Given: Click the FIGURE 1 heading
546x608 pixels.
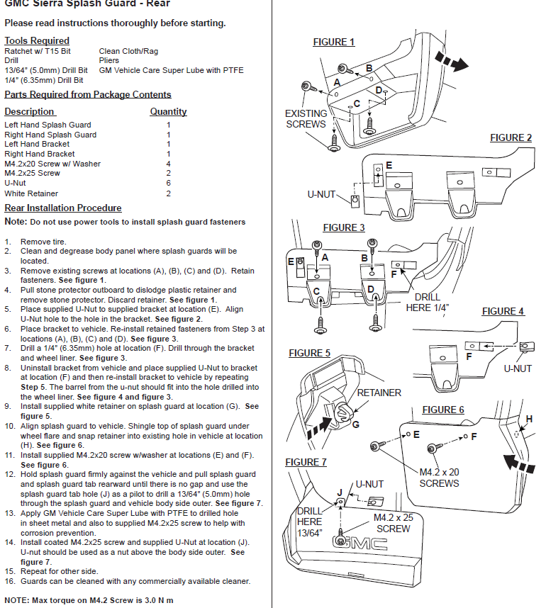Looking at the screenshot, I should point(334,43).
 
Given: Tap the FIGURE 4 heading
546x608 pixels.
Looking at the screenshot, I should point(503,312).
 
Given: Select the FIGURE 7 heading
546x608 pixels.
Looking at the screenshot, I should point(306,462).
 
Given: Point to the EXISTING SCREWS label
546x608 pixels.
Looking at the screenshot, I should point(306,118).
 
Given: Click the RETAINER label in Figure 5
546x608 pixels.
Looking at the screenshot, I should point(379,393).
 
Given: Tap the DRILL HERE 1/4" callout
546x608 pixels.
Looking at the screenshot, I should point(428,302).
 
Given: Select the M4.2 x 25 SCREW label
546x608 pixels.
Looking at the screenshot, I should point(394,523).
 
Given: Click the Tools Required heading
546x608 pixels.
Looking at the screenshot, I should point(37,40).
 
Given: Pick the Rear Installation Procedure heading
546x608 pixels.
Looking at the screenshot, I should point(63,208).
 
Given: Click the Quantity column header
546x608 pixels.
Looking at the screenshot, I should point(168,111).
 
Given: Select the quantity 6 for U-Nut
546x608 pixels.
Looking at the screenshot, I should point(168,183).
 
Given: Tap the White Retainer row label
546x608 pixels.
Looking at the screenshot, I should point(31,193).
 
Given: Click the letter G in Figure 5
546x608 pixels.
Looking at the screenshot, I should point(355,424).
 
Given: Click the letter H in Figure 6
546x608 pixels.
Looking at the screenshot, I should point(527,419).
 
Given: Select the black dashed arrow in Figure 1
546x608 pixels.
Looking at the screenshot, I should point(451,61).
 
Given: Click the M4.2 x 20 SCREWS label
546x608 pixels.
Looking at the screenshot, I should point(439,478).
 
